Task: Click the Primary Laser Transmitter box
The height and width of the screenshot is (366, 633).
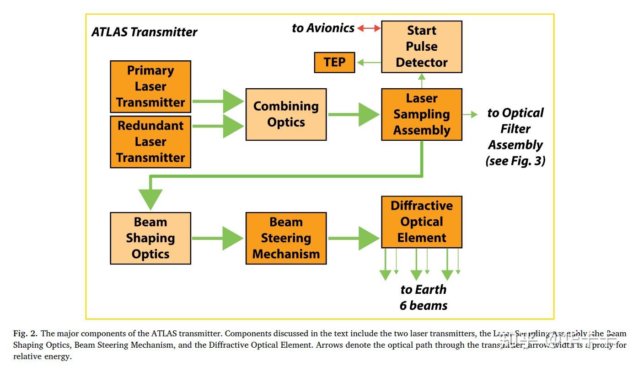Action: (x=150, y=87)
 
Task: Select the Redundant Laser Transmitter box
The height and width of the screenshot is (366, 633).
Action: (x=150, y=142)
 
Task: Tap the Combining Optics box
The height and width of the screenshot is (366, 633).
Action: (x=286, y=114)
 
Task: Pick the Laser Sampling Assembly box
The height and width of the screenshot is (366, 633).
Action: (x=422, y=114)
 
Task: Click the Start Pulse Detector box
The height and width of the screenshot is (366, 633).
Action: (x=422, y=47)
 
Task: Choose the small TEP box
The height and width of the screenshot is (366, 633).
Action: (x=334, y=63)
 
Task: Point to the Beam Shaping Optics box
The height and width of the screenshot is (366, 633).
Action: (x=150, y=238)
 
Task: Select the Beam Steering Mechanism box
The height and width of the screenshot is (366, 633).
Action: (x=286, y=238)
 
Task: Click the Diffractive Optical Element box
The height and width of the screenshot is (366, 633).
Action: (x=422, y=222)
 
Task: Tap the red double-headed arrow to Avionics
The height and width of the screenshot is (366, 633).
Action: (x=369, y=28)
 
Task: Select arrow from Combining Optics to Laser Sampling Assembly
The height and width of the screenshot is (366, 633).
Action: (x=354, y=114)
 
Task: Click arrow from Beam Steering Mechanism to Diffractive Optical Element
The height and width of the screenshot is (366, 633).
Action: (x=354, y=238)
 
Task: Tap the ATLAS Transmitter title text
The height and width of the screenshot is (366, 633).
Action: (x=145, y=32)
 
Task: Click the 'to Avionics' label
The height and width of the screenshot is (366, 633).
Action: (x=323, y=28)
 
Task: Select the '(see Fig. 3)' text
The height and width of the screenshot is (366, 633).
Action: (x=515, y=161)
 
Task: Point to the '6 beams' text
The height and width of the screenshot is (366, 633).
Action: (x=424, y=305)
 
